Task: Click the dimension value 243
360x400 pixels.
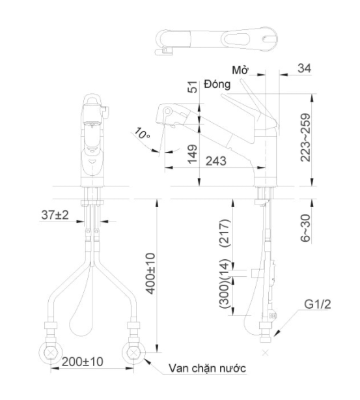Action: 216,161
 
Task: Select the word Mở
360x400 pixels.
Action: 240,70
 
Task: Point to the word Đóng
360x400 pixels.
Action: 217,84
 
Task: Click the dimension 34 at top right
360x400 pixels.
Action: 305,68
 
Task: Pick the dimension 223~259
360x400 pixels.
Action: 305,137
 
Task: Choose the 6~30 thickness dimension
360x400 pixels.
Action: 305,228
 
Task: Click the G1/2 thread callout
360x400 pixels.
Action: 318,304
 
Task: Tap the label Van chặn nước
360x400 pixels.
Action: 207,368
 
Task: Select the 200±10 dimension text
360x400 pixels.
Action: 83,362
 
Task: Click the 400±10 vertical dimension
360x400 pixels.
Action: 150,274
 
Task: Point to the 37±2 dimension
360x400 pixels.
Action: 55,215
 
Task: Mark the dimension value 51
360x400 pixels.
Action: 193,87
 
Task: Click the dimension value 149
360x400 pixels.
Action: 192,154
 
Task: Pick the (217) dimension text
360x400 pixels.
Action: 225,233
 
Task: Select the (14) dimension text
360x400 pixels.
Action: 225,268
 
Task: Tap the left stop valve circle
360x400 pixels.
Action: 51,353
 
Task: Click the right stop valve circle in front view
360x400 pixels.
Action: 133,353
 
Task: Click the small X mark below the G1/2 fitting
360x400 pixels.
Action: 266,353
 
